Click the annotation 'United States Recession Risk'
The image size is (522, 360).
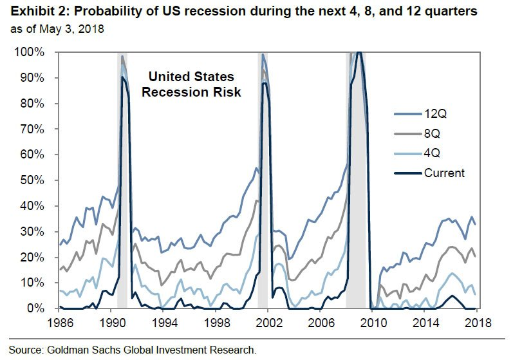191,84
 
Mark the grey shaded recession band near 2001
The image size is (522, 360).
262,193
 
